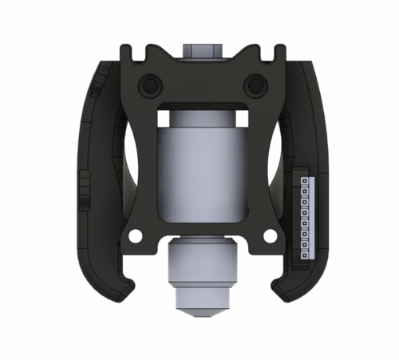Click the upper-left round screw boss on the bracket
(148, 84)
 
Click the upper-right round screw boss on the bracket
(255, 83)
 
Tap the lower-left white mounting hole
(136, 236)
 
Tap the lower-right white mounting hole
(270, 236)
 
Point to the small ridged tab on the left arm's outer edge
(83, 189)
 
